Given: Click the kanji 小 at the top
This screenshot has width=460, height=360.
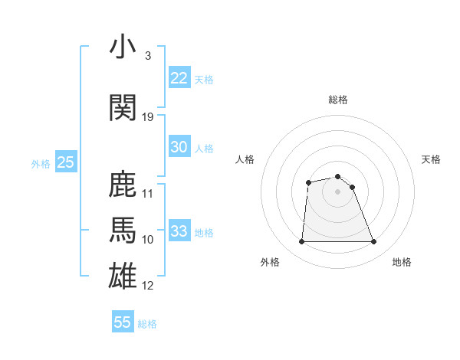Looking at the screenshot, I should (123, 47).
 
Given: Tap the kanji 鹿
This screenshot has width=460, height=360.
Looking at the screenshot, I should (123, 185).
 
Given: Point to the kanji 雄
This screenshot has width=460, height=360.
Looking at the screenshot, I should (123, 276).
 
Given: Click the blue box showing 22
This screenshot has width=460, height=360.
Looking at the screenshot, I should (179, 77).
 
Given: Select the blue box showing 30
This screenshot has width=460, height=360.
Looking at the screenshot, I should (179, 147).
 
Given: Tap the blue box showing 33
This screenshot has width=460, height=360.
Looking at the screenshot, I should (179, 231).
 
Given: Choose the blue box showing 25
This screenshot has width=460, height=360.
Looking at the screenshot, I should (65, 162).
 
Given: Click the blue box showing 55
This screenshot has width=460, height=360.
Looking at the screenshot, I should (123, 322).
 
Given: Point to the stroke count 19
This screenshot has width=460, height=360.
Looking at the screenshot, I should (148, 116).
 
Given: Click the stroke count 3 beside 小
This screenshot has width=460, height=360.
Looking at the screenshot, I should (147, 56).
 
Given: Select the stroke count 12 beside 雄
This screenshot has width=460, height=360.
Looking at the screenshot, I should (148, 286).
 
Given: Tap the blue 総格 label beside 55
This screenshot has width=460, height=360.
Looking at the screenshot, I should (147, 324).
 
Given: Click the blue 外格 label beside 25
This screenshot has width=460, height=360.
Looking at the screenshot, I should (41, 163).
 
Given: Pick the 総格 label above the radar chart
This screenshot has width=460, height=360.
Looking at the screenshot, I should (338, 100).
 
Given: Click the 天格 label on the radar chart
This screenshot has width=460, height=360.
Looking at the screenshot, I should (431, 159).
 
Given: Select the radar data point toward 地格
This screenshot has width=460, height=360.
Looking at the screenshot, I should (374, 242).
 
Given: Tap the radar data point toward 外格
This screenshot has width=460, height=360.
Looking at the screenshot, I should (301, 242).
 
